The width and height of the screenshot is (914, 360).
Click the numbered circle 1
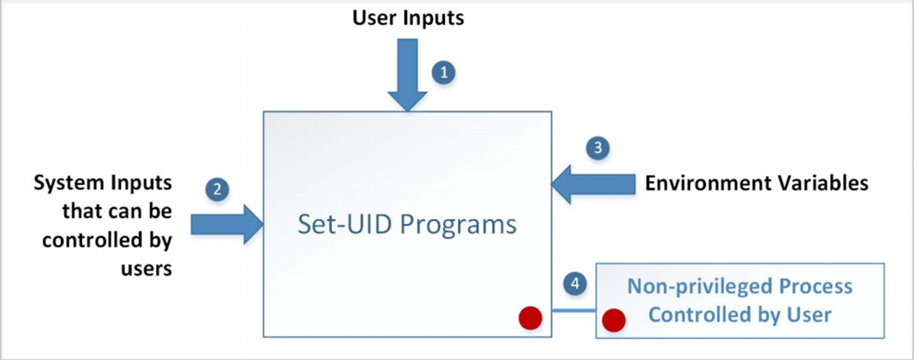click(x=444, y=73)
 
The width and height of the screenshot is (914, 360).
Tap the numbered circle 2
click(x=218, y=187)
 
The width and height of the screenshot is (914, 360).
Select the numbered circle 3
click(x=597, y=147)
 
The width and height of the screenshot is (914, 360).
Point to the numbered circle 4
click(x=572, y=282)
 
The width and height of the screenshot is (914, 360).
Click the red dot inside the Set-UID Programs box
click(x=530, y=318)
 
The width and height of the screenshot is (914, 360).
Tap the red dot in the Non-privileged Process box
click(x=614, y=320)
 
